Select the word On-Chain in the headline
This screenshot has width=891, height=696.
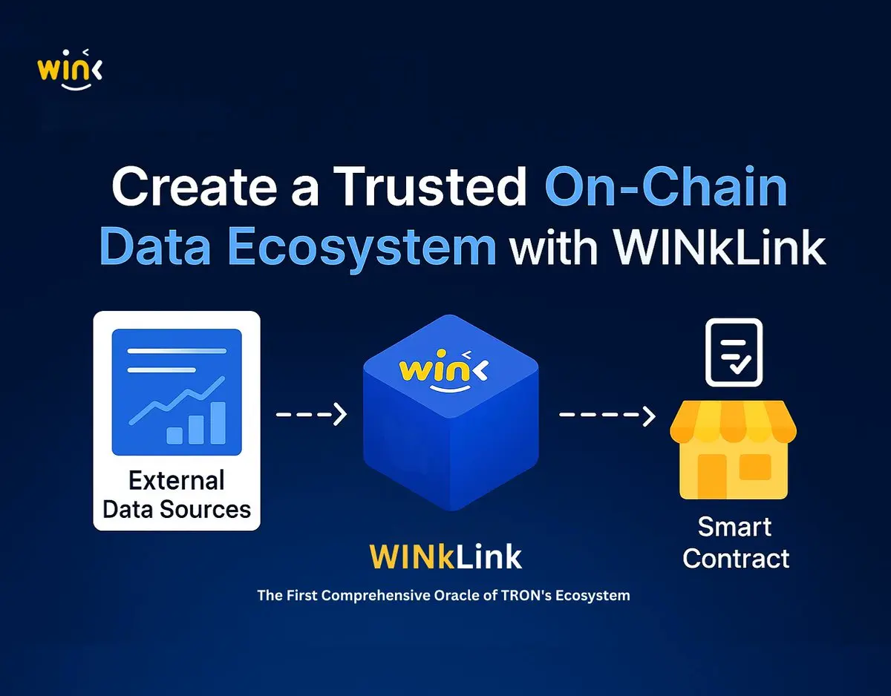(666, 188)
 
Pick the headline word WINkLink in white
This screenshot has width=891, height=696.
(719, 249)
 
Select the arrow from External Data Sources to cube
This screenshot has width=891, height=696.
(312, 414)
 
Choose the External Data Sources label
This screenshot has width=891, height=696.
(177, 495)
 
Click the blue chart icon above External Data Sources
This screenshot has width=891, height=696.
(177, 392)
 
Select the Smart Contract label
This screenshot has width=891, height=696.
(735, 542)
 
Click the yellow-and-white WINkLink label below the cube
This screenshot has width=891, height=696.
(446, 557)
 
